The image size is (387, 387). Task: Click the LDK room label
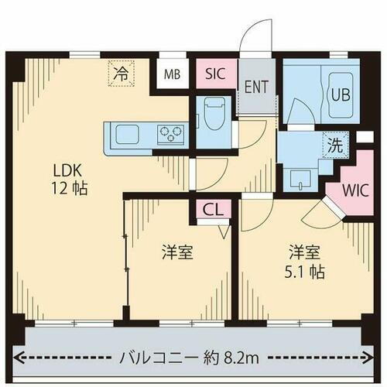coord(65,169)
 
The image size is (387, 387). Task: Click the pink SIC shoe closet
coord(217,75)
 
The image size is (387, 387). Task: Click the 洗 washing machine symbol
coord(334,145)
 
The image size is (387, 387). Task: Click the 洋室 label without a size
coord(177,252)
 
